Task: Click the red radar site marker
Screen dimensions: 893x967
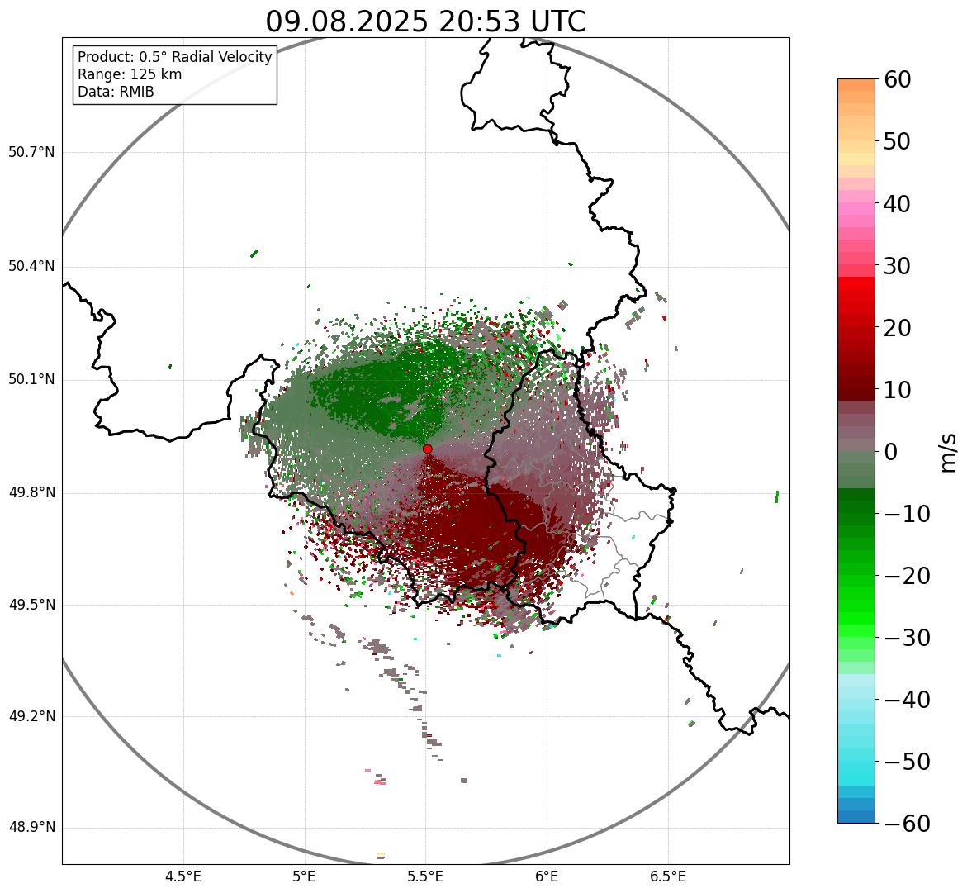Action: click(427, 449)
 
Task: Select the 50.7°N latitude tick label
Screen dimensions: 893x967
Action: click(31, 152)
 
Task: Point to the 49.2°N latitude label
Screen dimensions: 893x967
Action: click(31, 716)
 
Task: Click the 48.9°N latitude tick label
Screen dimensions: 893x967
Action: click(31, 828)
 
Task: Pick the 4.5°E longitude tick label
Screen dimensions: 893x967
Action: click(183, 876)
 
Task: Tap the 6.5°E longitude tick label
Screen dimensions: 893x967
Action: click(667, 876)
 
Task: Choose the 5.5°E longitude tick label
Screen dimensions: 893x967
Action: click(425, 876)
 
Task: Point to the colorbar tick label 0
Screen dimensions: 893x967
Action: click(891, 452)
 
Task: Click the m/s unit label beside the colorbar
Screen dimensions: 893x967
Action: click(948, 451)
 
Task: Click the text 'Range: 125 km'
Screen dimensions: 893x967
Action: click(130, 74)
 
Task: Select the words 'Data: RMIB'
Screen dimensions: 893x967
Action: click(116, 92)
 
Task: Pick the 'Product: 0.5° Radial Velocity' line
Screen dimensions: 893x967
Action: click(174, 57)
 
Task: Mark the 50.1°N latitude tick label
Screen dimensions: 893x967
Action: click(31, 380)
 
